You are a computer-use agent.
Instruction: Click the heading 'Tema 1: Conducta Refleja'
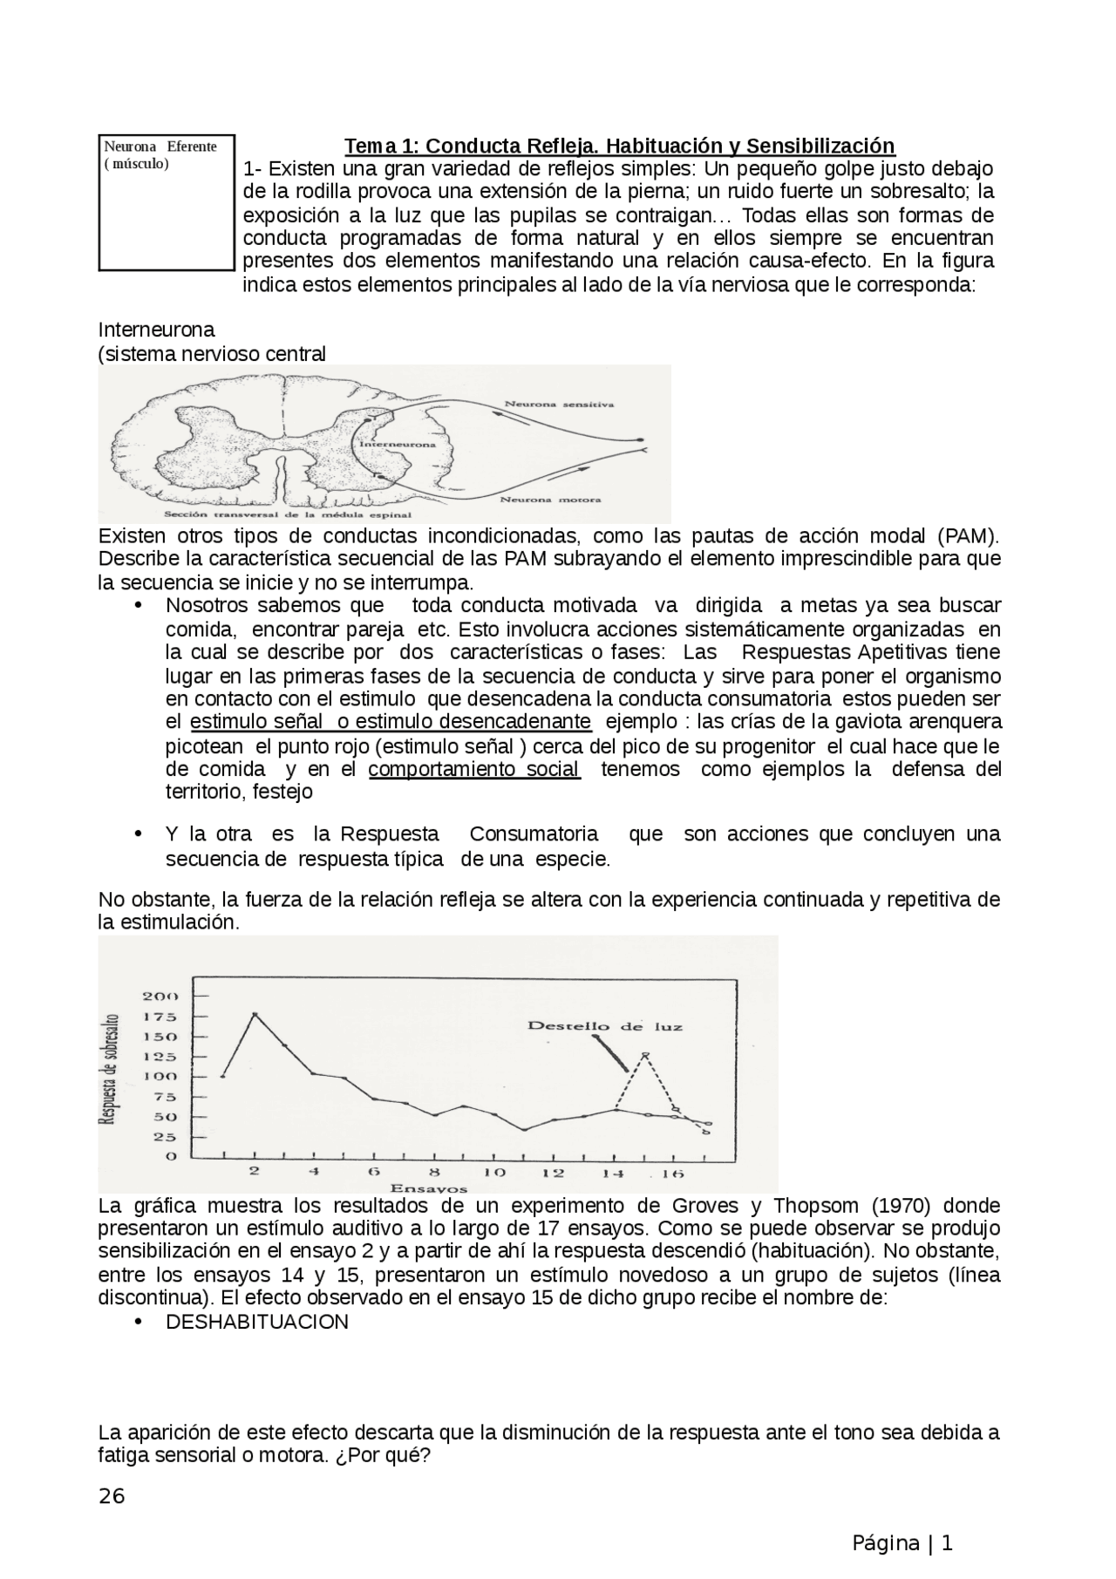619,145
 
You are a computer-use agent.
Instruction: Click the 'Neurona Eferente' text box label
160,146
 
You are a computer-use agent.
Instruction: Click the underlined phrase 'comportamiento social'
474,769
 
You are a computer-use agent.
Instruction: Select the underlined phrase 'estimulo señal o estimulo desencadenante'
391,722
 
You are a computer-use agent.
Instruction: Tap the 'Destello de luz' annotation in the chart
604,1026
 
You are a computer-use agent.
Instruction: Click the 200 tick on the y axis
160,996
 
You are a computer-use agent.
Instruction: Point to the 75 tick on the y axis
166,1097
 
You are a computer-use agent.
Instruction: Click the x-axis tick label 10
494,1173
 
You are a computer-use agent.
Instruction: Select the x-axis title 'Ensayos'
428,1188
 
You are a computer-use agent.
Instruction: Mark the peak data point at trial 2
255,1014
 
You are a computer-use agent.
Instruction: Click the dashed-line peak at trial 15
645,1054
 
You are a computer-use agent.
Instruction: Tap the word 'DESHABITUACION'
256,1322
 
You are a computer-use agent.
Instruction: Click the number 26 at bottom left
112,1496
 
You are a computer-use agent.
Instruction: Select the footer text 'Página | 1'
902,1543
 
